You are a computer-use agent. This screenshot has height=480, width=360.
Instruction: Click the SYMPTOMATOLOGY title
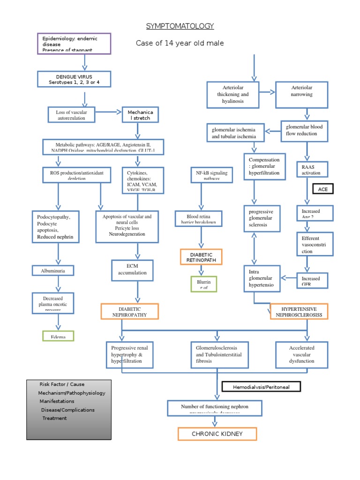[180, 26]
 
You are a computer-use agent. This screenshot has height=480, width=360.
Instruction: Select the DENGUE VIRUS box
[74, 79]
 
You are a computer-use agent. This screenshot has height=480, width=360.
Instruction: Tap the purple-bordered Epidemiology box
[74, 44]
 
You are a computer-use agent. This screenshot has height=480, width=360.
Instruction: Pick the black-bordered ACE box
[322, 189]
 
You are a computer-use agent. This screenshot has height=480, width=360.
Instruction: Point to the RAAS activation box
[311, 169]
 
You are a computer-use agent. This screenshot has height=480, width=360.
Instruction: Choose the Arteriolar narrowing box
[301, 95]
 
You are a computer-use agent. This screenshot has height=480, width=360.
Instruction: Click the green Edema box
[59, 336]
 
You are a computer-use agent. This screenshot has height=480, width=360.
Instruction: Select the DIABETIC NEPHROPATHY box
[129, 312]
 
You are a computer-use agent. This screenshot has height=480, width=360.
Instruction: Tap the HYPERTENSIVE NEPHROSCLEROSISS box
[299, 312]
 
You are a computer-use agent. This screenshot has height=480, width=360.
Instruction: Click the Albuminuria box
[59, 270]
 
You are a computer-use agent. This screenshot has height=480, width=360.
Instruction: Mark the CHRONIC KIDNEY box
[217, 434]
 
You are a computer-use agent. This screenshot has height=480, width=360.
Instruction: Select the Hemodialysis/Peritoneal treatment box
[261, 387]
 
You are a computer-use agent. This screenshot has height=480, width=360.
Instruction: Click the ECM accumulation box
[132, 270]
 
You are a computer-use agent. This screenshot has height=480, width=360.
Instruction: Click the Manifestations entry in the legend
[56, 401]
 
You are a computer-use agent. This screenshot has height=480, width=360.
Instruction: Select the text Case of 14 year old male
[180, 44]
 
